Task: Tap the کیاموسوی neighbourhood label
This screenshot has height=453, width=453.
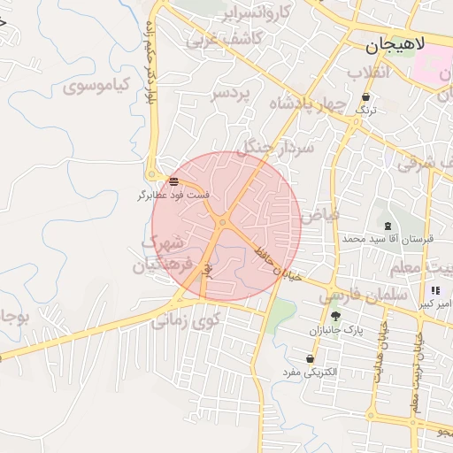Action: click(x=97, y=86)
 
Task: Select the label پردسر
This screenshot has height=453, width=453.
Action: click(x=231, y=92)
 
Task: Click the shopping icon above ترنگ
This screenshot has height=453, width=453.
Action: click(x=365, y=97)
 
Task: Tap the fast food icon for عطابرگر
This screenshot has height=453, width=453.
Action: click(x=173, y=181)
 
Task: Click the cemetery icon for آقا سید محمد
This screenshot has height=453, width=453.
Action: click(x=388, y=226)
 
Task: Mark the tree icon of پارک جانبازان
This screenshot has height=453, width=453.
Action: click(x=334, y=316)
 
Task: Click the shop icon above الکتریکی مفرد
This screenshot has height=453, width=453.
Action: click(x=310, y=359)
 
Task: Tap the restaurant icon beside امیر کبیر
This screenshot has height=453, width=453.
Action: click(x=434, y=290)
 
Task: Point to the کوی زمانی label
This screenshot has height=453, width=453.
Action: click(x=185, y=319)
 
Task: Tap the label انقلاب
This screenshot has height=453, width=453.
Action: click(x=367, y=71)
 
